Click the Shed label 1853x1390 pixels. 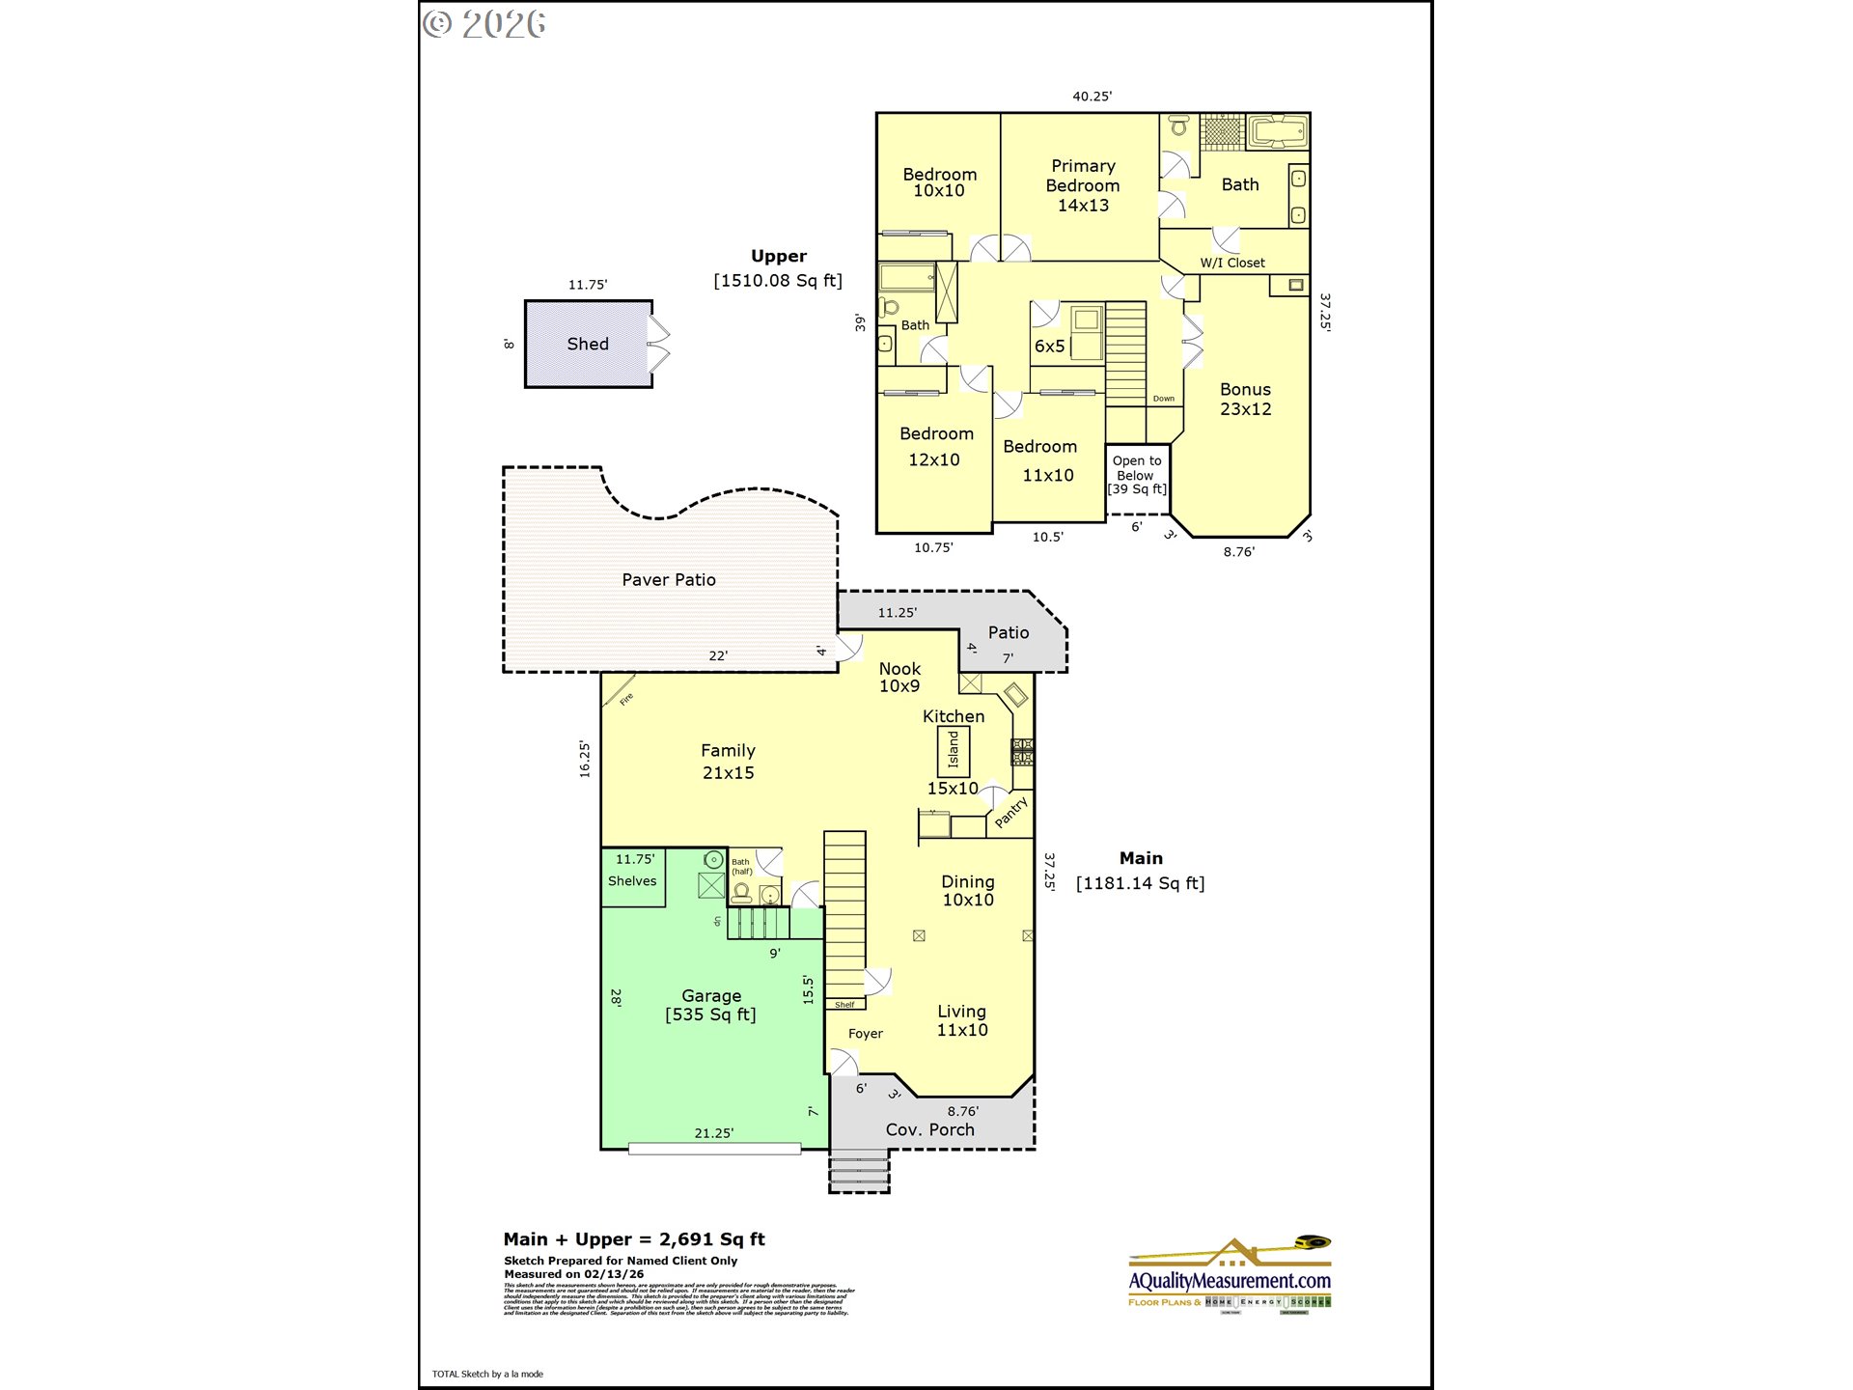[588, 345]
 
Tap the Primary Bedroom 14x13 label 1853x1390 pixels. [1083, 185]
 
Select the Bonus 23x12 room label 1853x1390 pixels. [1245, 399]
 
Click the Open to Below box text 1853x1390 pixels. [1137, 474]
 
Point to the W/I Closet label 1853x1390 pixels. [1232, 263]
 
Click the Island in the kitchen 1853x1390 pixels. [954, 750]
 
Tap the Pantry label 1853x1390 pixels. [1011, 812]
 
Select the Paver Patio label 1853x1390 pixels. [669, 580]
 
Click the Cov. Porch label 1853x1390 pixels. [930, 1129]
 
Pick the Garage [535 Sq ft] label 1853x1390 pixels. [711, 1005]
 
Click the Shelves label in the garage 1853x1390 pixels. [632, 881]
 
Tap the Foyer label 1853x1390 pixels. [866, 1034]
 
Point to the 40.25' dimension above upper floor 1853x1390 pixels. [1092, 97]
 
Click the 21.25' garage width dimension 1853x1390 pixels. [714, 1133]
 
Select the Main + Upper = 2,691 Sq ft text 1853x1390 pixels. [634, 1239]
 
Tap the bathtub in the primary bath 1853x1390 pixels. [1278, 131]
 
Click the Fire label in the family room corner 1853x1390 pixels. [626, 699]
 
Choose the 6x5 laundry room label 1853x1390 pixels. [1049, 347]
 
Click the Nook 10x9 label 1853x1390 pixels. [899, 678]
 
